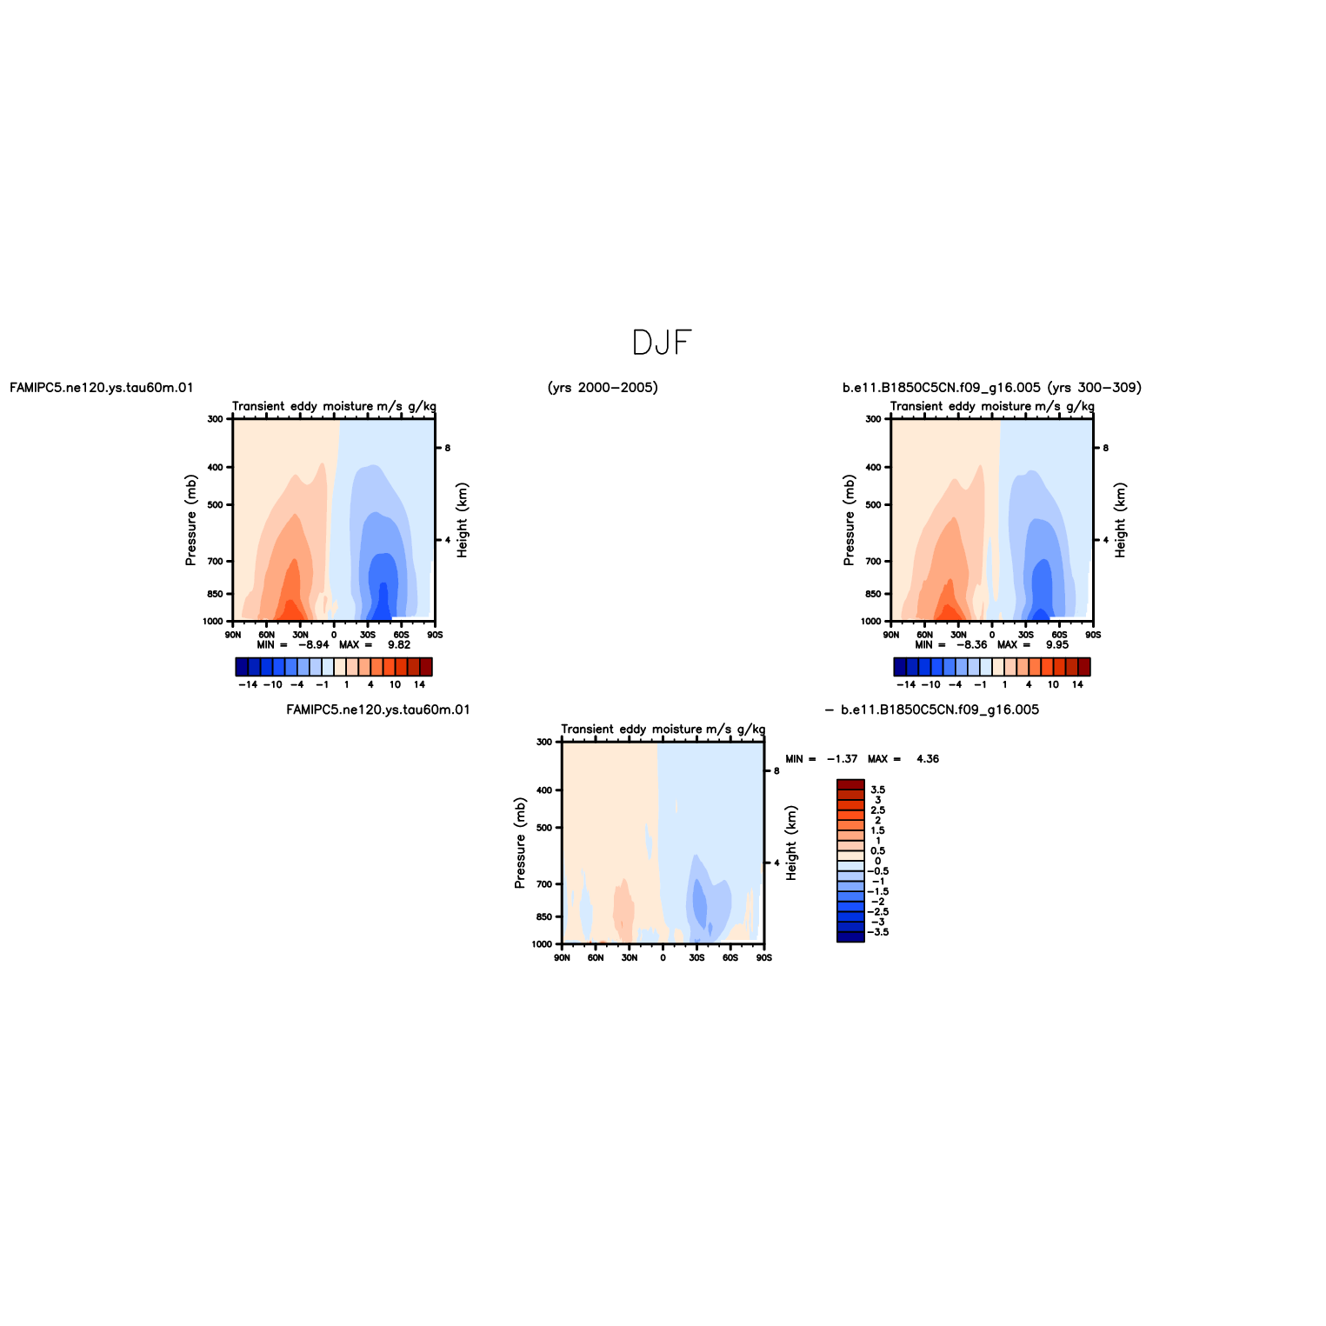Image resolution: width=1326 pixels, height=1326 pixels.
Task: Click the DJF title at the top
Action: [x=662, y=343]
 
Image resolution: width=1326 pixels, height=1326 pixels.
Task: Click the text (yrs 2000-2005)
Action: [x=603, y=388]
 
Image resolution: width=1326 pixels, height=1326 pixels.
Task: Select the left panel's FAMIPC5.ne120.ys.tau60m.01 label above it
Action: [x=102, y=388]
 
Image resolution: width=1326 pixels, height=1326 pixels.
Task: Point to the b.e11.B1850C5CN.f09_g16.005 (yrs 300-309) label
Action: [x=992, y=388]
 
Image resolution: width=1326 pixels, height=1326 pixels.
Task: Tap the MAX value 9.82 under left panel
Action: [x=399, y=645]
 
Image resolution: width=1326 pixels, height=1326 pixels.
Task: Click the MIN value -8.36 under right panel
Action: [x=971, y=645]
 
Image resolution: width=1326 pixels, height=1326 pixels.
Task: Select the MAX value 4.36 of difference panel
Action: [x=928, y=759]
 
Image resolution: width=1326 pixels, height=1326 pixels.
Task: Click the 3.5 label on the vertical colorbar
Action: [x=878, y=790]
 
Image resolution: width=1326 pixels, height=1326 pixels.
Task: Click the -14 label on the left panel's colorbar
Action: [x=248, y=685]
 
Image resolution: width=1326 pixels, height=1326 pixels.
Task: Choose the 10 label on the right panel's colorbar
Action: [x=1053, y=685]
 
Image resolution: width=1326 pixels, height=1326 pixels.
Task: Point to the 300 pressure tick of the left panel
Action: [x=216, y=419]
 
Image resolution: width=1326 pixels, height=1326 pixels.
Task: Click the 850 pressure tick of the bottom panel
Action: [x=544, y=916]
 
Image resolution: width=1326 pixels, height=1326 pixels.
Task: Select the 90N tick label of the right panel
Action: [x=891, y=635]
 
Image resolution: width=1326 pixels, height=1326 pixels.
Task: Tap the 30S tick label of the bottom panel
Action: [x=696, y=957]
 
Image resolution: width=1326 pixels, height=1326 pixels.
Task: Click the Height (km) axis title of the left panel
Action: [x=463, y=520]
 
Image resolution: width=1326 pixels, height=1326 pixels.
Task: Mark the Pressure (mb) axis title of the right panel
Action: [x=849, y=520]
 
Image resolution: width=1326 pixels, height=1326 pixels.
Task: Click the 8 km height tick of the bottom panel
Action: [x=776, y=770]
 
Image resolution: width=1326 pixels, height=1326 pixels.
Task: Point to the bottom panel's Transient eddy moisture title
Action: [x=663, y=729]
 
